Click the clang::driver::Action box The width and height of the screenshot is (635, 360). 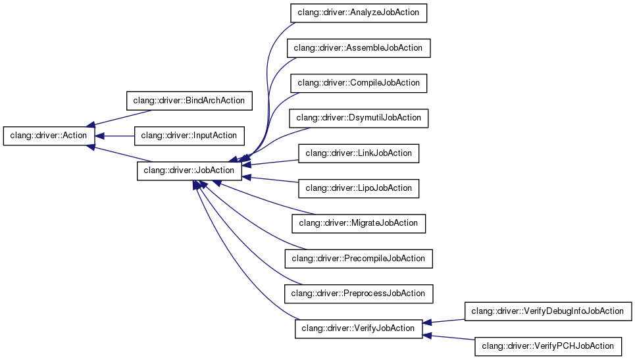point(49,136)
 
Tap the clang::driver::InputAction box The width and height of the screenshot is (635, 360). point(189,136)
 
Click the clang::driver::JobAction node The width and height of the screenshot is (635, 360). point(189,170)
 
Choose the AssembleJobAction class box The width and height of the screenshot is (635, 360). point(359,48)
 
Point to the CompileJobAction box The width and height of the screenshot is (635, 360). point(359,83)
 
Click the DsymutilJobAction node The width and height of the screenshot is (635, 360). point(359,118)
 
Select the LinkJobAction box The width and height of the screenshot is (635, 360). point(359,153)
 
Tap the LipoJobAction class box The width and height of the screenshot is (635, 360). point(359,188)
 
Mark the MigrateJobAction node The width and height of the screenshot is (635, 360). point(359,223)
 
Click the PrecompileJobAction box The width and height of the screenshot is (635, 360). point(359,258)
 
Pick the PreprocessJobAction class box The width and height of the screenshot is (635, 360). point(359,293)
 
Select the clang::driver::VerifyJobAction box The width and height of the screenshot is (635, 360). point(358,328)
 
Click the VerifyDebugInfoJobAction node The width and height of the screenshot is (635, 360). point(548,311)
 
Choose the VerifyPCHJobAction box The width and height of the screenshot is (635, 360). point(548,346)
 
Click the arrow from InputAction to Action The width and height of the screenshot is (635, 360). point(115,136)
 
